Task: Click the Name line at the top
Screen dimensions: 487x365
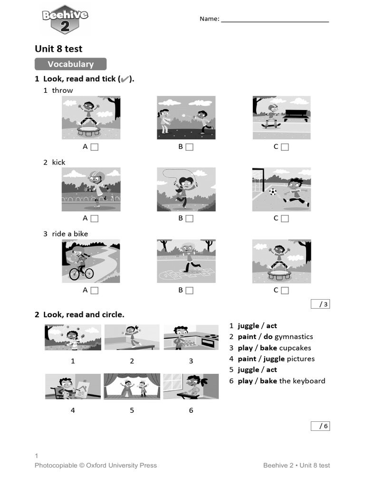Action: pos(275,21)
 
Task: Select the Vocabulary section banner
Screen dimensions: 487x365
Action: pos(70,64)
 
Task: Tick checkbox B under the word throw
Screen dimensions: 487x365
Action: pos(190,147)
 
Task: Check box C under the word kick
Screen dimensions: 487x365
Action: pos(285,219)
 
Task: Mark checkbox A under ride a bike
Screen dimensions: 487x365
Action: pos(94,290)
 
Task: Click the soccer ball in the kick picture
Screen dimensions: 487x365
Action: pos(272,192)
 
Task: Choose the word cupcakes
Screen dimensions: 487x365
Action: pos(295,348)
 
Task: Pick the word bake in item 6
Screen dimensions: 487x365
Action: pos(268,381)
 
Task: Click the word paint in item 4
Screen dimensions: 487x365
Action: pos(247,359)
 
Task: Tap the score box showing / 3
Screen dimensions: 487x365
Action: pos(320,304)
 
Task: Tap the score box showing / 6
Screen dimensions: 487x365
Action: pos(320,426)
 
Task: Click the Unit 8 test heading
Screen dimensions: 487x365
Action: pos(58,49)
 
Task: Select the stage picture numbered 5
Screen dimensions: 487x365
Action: pos(132,386)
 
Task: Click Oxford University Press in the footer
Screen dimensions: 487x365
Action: pos(121,466)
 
